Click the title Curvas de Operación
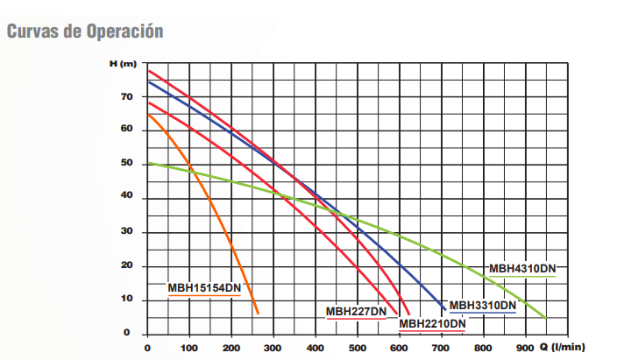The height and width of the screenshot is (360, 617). [x=85, y=32]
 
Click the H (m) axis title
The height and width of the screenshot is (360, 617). [x=125, y=63]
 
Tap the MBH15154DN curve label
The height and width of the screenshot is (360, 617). [x=203, y=287]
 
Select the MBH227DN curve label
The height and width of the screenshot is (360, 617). [x=356, y=312]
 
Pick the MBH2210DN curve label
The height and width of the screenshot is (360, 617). [x=432, y=324]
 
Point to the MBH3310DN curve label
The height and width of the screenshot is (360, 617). [x=482, y=306]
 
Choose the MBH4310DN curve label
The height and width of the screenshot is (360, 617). [x=522, y=269]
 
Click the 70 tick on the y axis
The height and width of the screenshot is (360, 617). [x=127, y=95]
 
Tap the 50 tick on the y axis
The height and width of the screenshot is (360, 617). [x=127, y=164]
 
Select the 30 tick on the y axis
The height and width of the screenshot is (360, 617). [x=127, y=232]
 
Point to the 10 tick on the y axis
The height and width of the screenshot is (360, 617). [x=127, y=300]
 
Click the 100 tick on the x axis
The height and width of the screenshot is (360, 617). [x=189, y=347]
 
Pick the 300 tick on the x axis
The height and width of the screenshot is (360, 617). [x=273, y=347]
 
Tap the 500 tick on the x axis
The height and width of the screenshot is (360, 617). [x=358, y=347]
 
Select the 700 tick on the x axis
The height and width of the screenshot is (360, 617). [x=442, y=347]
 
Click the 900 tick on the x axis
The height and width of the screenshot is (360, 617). [x=526, y=347]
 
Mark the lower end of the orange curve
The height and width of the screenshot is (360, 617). [x=258, y=313]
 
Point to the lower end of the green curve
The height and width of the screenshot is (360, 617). [x=546, y=317]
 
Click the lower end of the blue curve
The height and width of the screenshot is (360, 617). [x=445, y=308]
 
